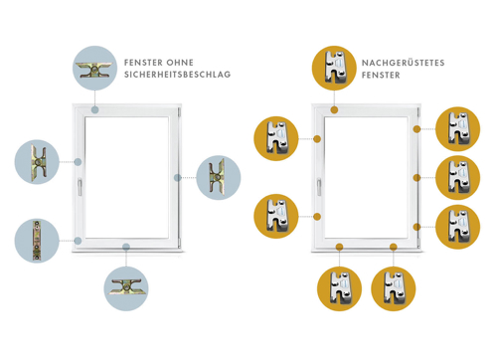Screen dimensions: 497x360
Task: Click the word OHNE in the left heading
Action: [180, 63]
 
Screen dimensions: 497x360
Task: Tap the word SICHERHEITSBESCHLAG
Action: [177, 75]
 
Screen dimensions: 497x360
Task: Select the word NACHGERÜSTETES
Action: [403, 63]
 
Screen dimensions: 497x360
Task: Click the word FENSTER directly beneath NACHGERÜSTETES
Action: [381, 76]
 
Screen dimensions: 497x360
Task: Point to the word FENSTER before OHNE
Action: [143, 63]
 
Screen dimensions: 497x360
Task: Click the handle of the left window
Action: [80, 187]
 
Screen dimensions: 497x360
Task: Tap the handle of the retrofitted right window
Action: [319, 187]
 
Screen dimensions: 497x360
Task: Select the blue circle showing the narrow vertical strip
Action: [37, 241]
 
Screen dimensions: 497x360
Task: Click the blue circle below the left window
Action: [126, 288]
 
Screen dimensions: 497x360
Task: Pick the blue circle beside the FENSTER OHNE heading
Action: [94, 68]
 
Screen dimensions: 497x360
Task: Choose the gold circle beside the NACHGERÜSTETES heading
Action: [334, 68]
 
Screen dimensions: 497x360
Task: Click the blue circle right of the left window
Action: [219, 178]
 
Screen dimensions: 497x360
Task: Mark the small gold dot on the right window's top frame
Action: [334, 110]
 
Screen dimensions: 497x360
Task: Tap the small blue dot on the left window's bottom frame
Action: [126, 247]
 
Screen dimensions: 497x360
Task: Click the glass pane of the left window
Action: [127, 177]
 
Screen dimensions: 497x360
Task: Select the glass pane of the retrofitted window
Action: [366, 177]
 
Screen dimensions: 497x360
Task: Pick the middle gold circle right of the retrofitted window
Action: [458, 178]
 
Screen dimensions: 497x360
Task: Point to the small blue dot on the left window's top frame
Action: [95, 110]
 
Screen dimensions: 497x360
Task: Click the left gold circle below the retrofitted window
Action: [339, 288]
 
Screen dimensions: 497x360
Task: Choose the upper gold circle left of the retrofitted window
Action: [276, 138]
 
